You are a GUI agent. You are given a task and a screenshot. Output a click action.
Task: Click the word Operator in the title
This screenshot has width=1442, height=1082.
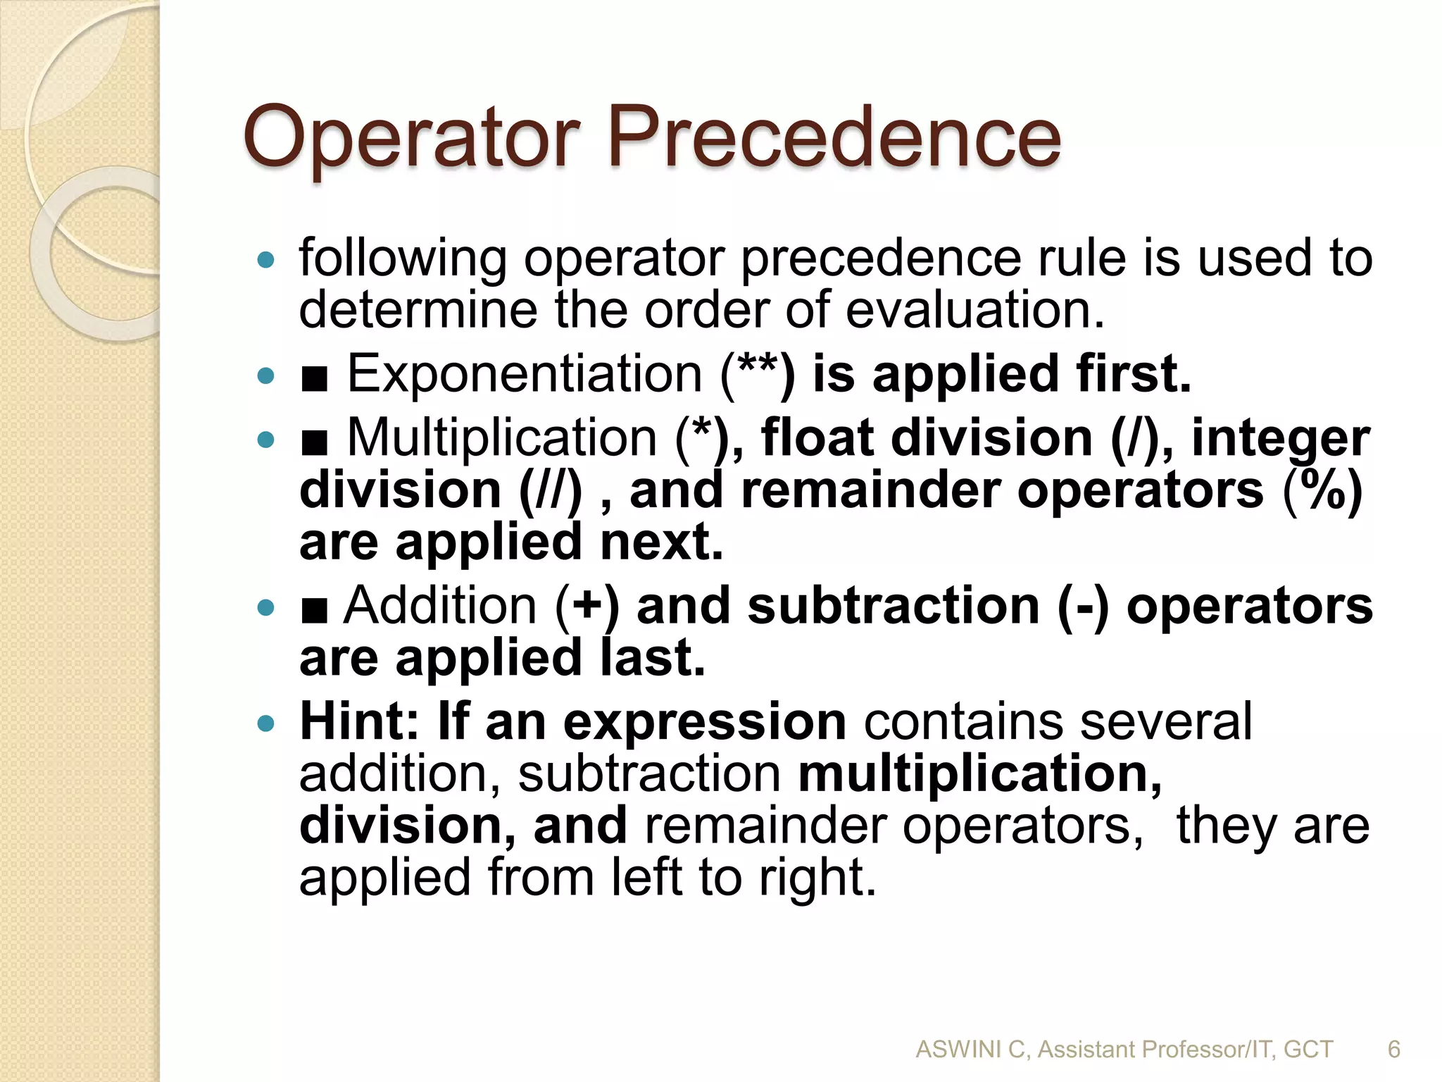coord(411,138)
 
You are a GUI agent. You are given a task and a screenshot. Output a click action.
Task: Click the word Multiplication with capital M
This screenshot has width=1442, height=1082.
coord(502,438)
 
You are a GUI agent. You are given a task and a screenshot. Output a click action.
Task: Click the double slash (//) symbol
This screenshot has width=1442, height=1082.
coord(551,490)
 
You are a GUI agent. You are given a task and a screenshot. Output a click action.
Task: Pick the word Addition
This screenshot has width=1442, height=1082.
coord(441,606)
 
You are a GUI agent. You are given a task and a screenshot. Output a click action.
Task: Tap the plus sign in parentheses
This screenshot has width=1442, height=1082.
coord(587,607)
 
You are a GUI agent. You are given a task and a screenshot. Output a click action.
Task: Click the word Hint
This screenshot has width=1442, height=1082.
coord(359,721)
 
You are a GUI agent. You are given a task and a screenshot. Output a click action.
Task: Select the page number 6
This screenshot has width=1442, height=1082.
coord(1393,1050)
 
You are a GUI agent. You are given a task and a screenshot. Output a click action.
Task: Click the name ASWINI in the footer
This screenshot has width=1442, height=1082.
coord(959,1050)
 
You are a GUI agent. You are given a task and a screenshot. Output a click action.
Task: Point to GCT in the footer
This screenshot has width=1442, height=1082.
coord(1308,1050)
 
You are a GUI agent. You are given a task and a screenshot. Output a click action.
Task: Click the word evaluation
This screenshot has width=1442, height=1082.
coord(975,310)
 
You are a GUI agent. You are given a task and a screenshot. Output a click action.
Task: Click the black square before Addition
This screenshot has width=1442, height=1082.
coord(314,610)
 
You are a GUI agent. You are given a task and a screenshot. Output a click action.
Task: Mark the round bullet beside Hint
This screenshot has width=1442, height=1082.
coord(265,723)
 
